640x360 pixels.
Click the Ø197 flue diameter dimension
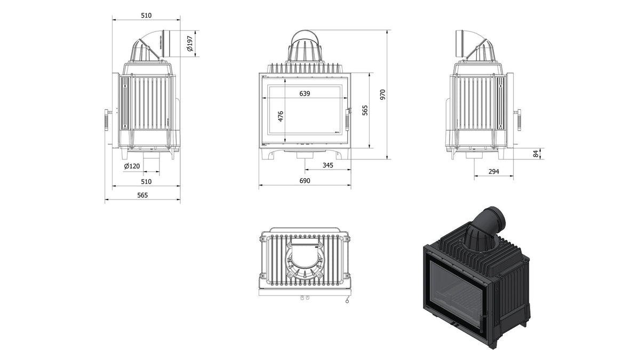point(190,44)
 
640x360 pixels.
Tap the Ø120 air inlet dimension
point(132,166)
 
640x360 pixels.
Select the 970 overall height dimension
point(383,94)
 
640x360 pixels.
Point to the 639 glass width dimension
point(305,93)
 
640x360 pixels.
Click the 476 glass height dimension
point(281,116)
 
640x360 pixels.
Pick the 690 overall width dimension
point(305,181)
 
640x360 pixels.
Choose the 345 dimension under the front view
point(327,165)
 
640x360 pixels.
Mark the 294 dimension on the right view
point(494,171)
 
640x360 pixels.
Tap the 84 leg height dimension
point(536,154)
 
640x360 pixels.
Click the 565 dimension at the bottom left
point(142,195)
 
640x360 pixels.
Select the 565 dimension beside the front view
point(365,110)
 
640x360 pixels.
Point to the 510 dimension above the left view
point(146,15)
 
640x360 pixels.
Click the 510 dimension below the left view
point(146,181)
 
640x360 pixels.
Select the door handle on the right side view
point(518,120)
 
